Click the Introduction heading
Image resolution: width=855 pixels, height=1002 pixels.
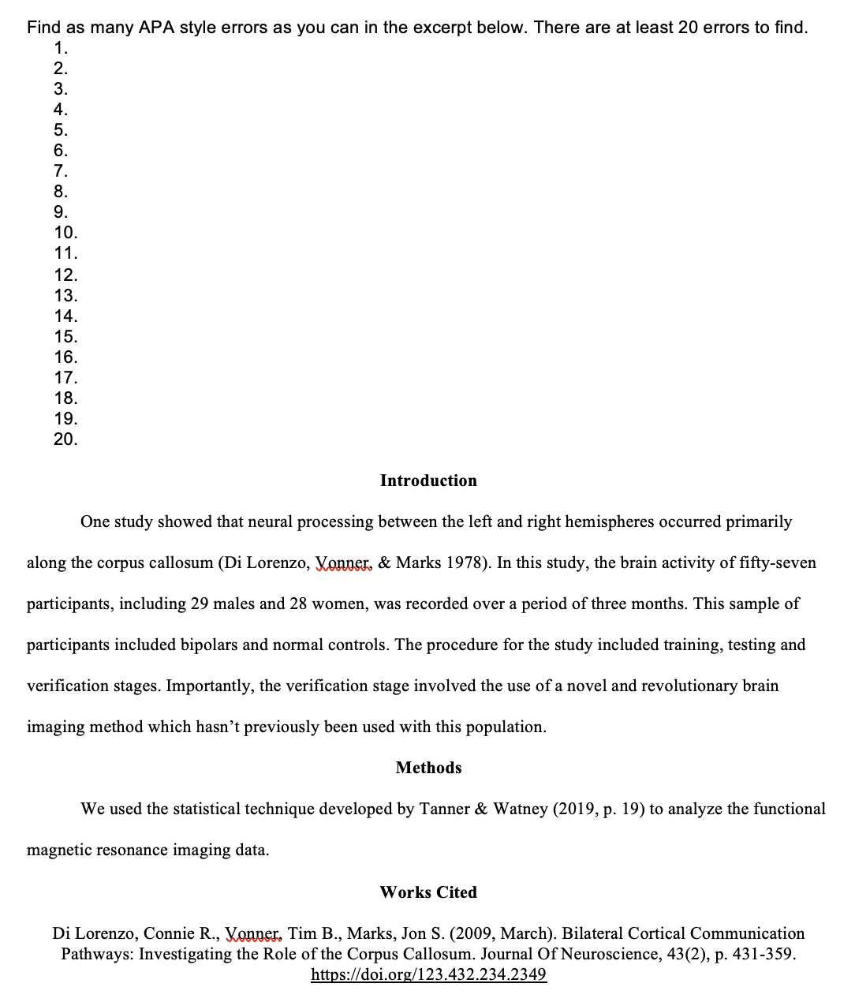(428, 480)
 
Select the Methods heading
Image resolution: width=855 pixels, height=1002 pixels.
(428, 768)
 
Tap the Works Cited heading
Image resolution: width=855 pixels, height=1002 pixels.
(428, 892)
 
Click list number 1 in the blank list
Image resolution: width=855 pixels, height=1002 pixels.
(61, 48)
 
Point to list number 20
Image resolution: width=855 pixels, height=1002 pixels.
(65, 439)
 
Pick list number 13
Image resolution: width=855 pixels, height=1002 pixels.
(65, 296)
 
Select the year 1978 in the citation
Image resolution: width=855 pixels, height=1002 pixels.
(465, 563)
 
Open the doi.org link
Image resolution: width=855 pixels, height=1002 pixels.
(428, 974)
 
